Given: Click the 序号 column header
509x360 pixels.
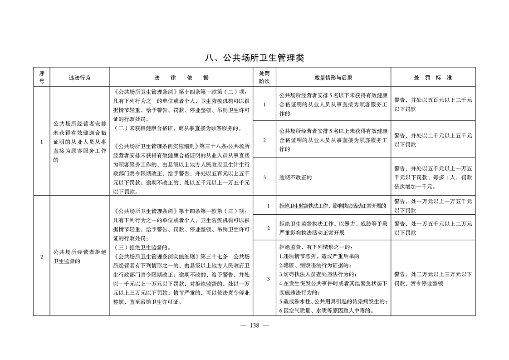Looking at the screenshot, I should coord(42,77).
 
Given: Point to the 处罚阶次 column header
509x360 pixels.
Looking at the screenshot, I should coord(264,77).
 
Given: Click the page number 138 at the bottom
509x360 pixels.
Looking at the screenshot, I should coord(254,325).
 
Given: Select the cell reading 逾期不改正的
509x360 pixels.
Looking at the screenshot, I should coord(296,178).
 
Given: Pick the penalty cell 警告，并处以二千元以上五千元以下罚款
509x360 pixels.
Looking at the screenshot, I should coord(433,140).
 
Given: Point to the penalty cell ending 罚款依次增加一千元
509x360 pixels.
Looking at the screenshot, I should coord(433,178).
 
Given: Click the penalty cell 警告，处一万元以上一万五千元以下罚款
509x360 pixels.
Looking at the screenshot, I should coord(433,206).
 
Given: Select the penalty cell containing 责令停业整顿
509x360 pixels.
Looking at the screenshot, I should coord(433,278).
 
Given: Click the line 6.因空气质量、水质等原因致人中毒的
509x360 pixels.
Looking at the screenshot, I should coord(326,311).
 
